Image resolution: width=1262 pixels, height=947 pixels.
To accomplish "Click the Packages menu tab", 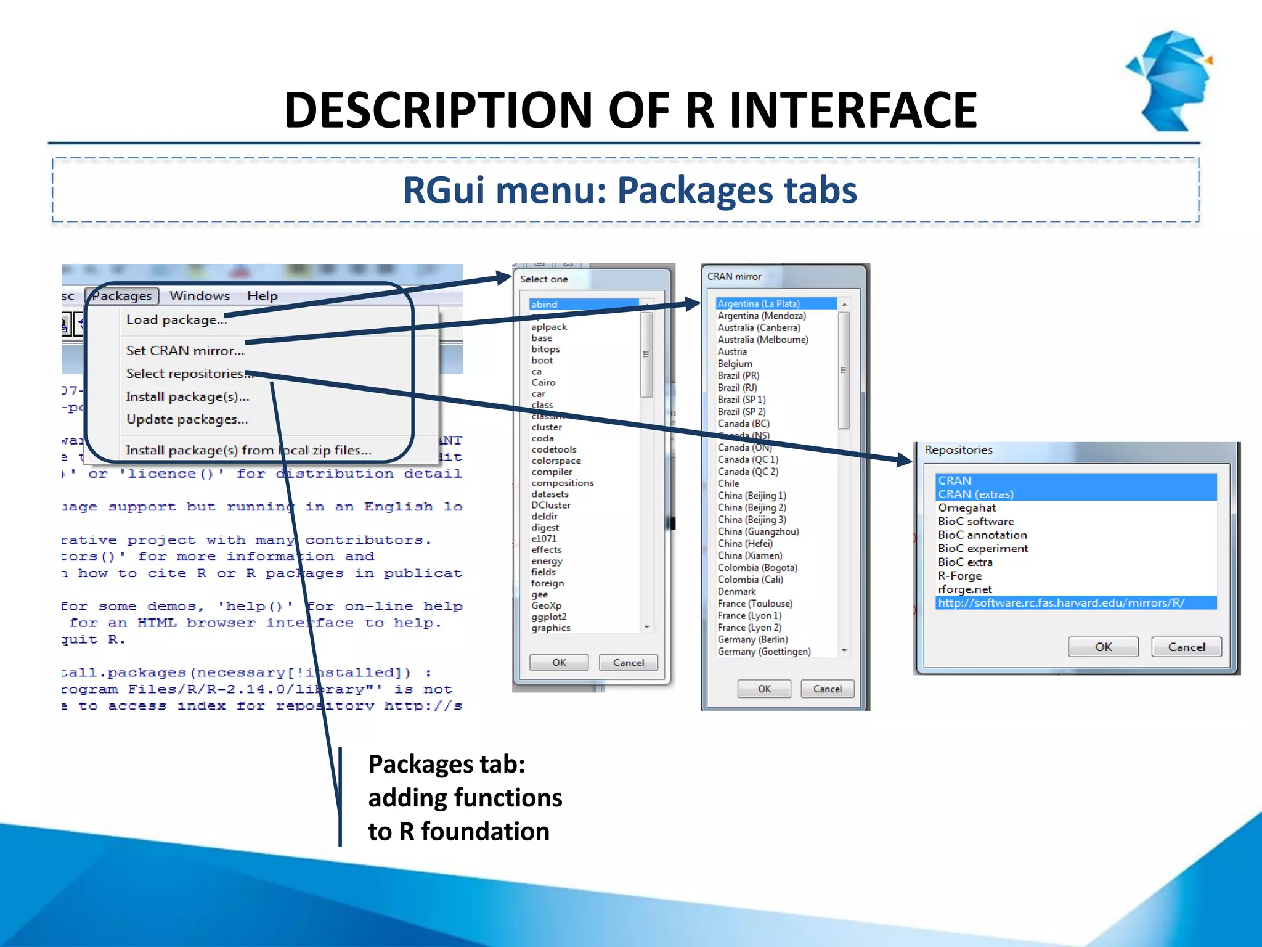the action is pyautogui.click(x=122, y=296).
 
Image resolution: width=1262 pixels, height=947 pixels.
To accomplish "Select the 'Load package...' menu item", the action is pyautogui.click(x=176, y=320).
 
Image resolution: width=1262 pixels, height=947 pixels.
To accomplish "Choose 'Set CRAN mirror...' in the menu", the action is pyautogui.click(x=185, y=351).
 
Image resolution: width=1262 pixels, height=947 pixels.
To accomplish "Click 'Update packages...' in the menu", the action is pyautogui.click(x=187, y=419).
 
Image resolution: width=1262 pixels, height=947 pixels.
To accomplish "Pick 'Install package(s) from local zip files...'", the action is pyautogui.click(x=248, y=451).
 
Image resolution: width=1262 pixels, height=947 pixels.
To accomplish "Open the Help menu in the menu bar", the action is pyautogui.click(x=262, y=296).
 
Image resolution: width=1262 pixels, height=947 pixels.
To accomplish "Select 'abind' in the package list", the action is pyautogui.click(x=544, y=305).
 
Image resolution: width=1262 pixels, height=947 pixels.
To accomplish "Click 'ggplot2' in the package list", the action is pyautogui.click(x=548, y=617).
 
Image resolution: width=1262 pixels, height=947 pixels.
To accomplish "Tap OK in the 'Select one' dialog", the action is pyautogui.click(x=559, y=663).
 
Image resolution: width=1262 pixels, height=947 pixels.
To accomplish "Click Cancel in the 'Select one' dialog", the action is pyautogui.click(x=628, y=663).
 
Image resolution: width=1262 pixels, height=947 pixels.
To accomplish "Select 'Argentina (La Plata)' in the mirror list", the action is pyautogui.click(x=759, y=303).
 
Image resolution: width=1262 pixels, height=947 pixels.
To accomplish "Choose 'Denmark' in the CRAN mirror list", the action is pyautogui.click(x=736, y=591).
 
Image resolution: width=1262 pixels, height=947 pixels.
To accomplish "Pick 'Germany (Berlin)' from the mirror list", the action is pyautogui.click(x=752, y=639).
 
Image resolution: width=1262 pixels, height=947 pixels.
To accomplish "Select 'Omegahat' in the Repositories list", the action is pyautogui.click(x=967, y=508).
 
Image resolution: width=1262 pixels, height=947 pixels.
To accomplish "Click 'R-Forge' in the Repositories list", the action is pyautogui.click(x=959, y=576).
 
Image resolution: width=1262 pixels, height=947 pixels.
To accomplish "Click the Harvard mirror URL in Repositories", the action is pyautogui.click(x=1061, y=603).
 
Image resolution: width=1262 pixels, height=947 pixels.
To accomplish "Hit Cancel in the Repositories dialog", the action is pyautogui.click(x=1186, y=647).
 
